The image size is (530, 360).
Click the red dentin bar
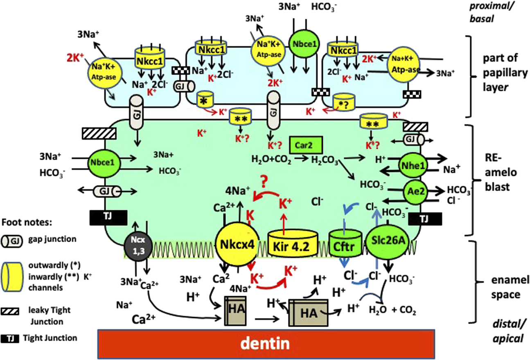pos(266,342)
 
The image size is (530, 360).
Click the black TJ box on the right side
pos(425,219)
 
